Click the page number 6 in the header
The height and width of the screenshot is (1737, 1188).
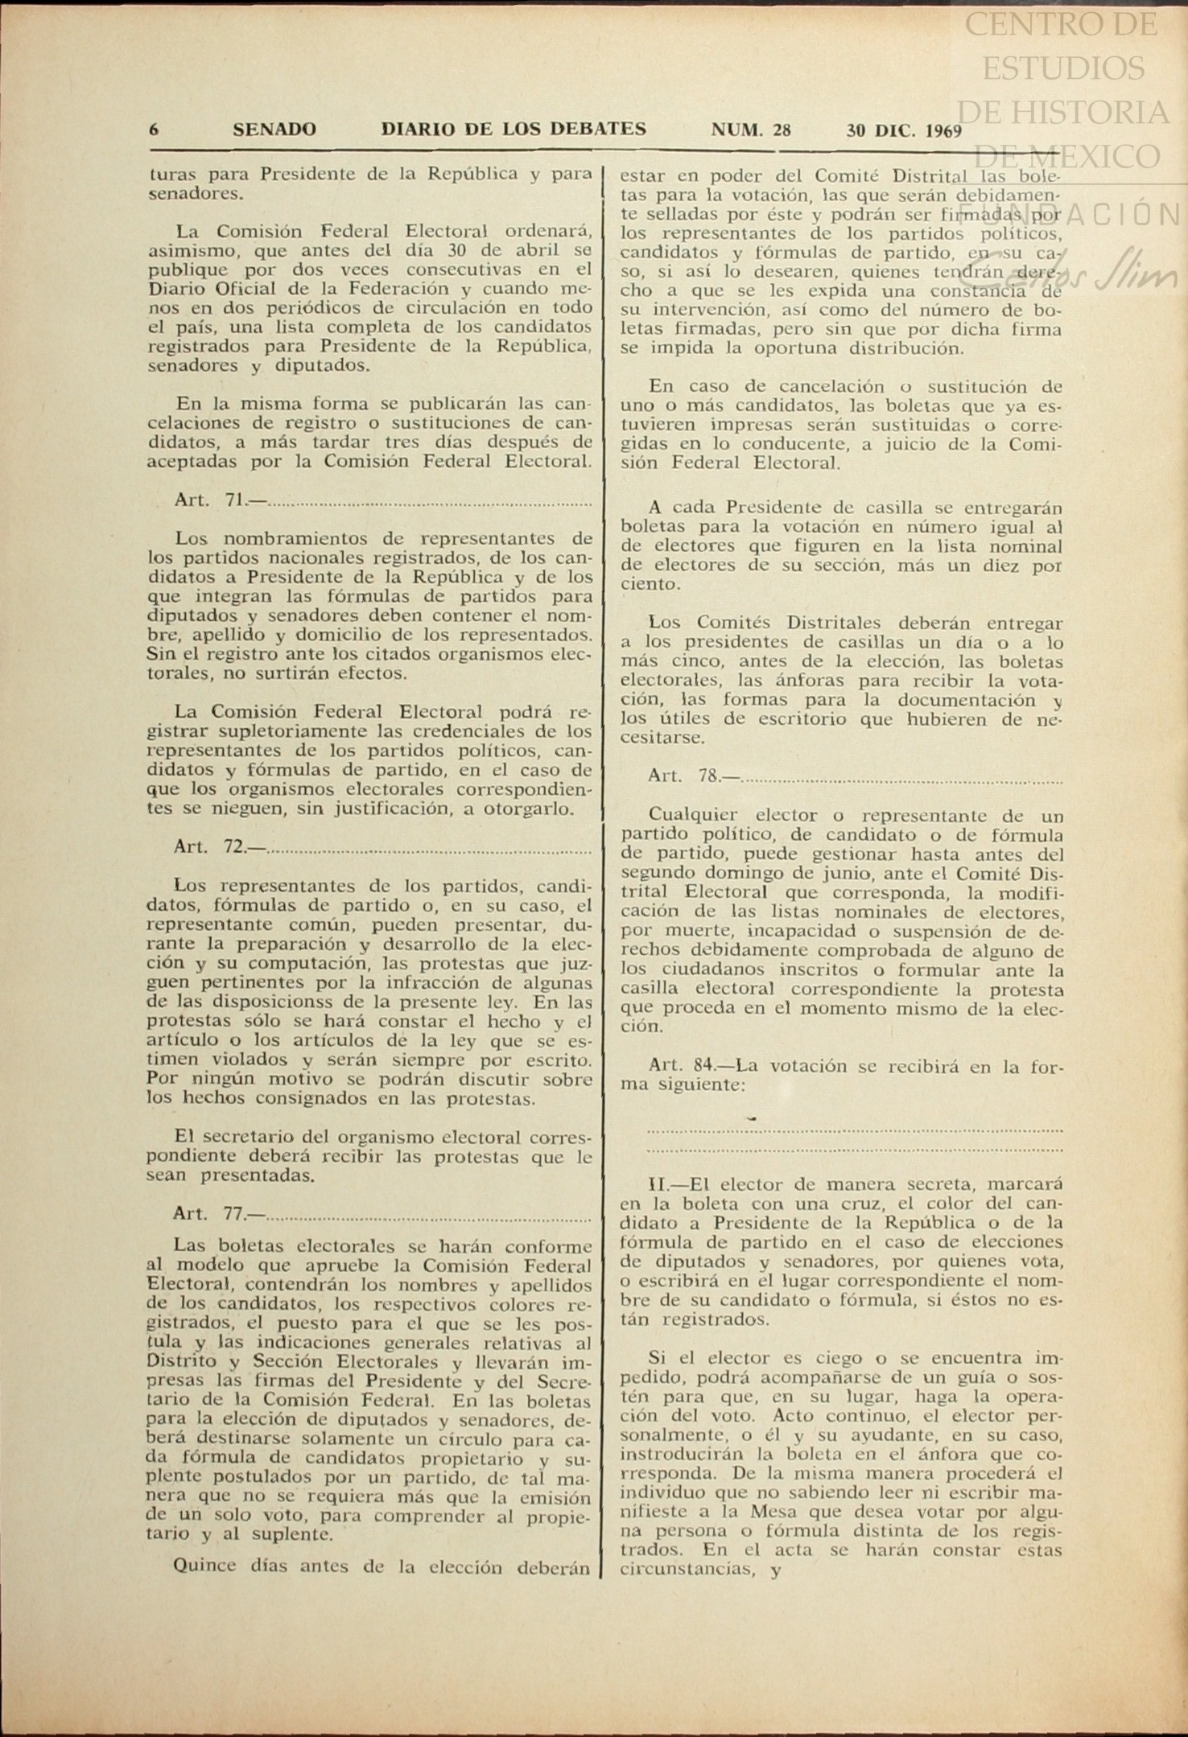coord(154,130)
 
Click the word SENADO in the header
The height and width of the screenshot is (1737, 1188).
coord(274,130)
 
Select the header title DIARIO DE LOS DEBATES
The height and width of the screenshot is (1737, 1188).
coord(514,130)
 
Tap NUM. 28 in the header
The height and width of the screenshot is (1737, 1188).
coord(751,130)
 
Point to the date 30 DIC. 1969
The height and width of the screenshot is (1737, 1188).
coord(904,130)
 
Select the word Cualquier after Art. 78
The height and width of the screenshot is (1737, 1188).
coord(693,815)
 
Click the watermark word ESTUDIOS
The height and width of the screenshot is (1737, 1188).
coord(1062,68)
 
